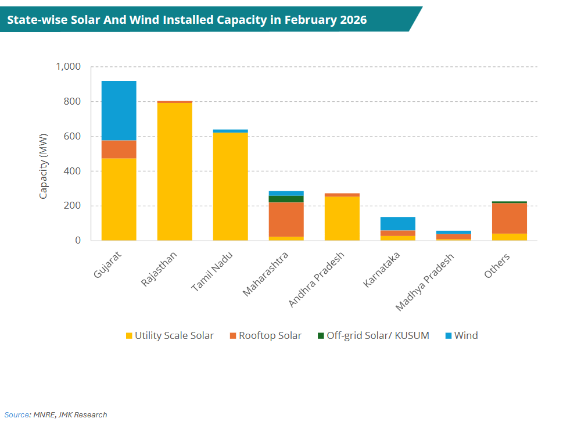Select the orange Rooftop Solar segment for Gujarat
click(x=119, y=149)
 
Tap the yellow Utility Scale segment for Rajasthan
click(x=174, y=171)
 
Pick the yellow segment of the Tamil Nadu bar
click(x=230, y=186)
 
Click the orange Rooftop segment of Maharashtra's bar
click(x=286, y=220)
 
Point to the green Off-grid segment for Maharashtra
click(x=286, y=199)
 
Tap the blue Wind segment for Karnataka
click(x=397, y=224)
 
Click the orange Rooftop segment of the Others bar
click(x=509, y=218)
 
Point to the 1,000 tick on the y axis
click(x=69, y=67)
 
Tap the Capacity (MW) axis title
click(x=44, y=166)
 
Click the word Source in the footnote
click(x=16, y=415)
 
